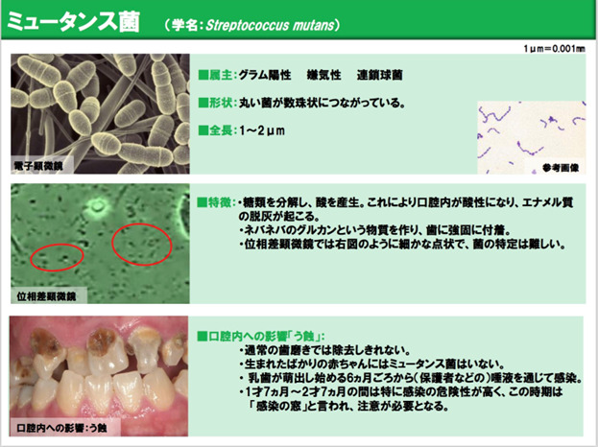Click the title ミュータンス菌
(x=74, y=22)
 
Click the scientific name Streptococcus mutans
(x=270, y=26)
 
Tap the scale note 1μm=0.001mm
(x=554, y=49)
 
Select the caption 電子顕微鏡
(x=38, y=166)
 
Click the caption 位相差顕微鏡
(x=46, y=296)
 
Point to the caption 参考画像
(x=561, y=168)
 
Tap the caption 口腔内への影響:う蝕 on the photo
(x=61, y=428)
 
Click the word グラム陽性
(x=265, y=75)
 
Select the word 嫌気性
(x=323, y=75)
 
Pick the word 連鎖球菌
(x=379, y=75)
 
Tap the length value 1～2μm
(x=262, y=130)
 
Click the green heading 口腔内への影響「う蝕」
(x=261, y=336)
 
